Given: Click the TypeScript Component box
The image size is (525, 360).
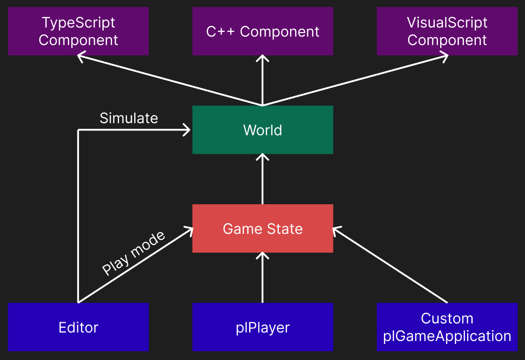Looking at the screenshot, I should click(78, 31).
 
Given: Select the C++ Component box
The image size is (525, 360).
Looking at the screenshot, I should click(262, 31).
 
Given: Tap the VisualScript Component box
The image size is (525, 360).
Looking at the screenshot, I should click(446, 31).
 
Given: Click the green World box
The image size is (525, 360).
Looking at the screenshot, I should click(262, 130).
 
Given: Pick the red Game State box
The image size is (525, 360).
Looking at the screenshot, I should click(262, 229).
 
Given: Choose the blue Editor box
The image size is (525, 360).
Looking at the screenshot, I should click(78, 327).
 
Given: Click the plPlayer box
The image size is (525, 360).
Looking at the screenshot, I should click(262, 327).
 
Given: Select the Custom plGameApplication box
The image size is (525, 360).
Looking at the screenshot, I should click(446, 327).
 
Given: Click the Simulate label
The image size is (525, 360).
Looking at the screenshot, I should click(128, 118).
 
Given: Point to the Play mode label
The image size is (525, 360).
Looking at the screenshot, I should click(133, 253).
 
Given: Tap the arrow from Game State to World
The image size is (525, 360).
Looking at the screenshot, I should click(262, 180).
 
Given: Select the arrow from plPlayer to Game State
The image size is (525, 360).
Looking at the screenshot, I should click(262, 278).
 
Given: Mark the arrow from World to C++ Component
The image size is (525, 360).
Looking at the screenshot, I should click(262, 80).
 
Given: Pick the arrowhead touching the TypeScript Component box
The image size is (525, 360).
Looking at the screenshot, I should click(81, 57).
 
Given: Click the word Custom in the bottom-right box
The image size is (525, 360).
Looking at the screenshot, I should click(446, 318).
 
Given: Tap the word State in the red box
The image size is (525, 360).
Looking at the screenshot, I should click(286, 229).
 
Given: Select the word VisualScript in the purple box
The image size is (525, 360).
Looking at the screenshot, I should click(446, 22).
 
